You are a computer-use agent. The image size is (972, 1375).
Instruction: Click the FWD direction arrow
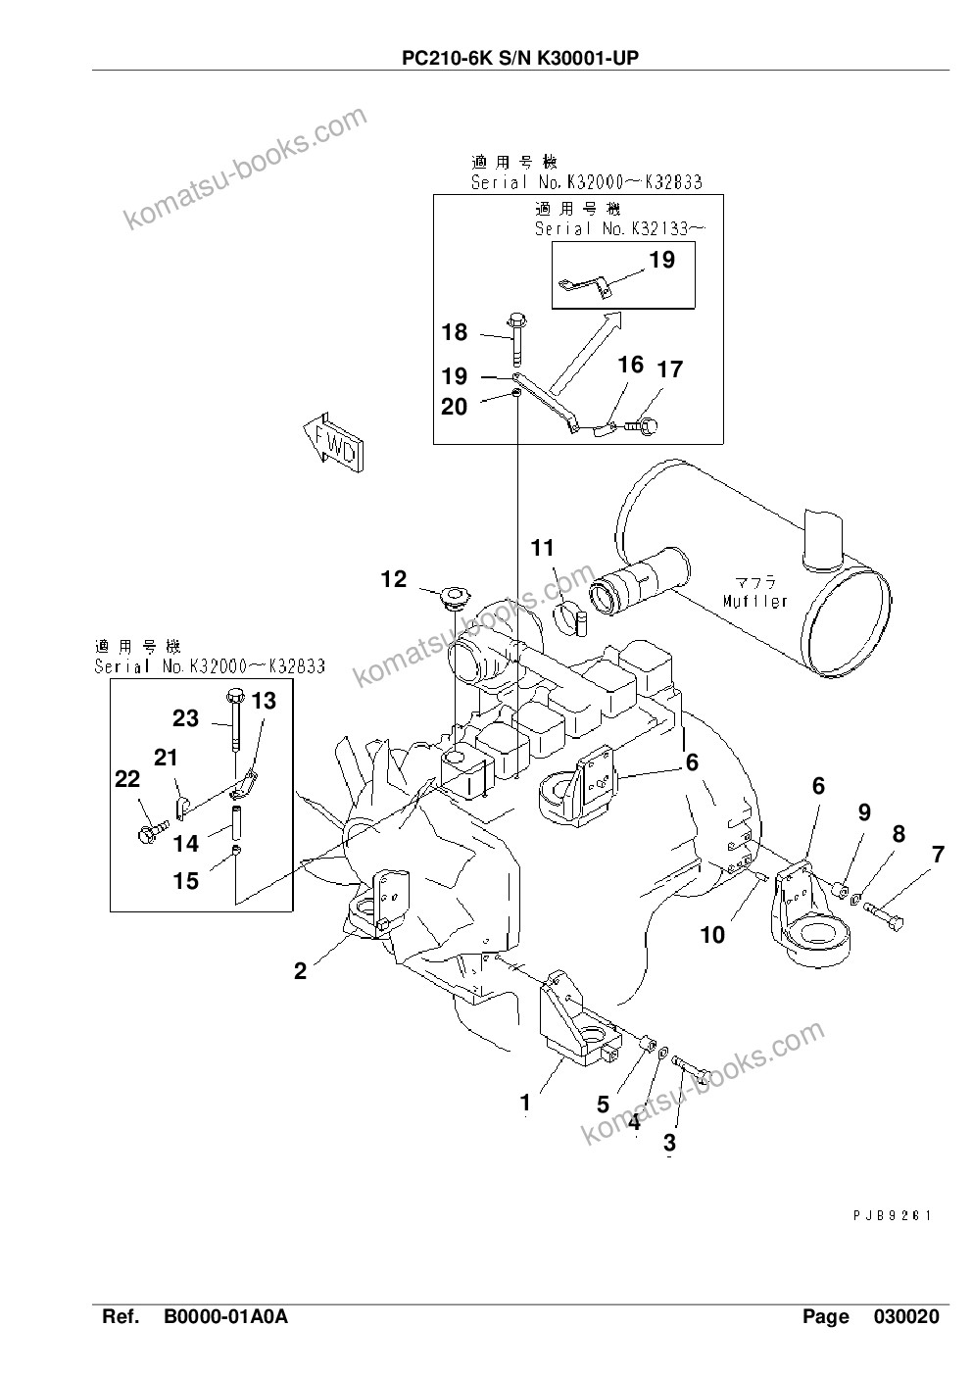(333, 443)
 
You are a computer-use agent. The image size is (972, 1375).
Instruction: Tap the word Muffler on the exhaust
(754, 601)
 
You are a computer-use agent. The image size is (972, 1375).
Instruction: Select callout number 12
(394, 579)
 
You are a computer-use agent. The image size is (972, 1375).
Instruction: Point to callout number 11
(543, 548)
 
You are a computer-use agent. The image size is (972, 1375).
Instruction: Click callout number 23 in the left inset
(185, 718)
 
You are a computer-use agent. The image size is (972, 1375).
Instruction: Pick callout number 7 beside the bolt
(939, 855)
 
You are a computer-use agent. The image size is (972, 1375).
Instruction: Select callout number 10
(712, 935)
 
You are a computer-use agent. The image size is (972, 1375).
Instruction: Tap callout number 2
(300, 971)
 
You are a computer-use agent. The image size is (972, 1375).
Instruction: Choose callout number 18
(455, 332)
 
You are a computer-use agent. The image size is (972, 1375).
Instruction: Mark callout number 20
(455, 407)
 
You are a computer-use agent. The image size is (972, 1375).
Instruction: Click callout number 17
(670, 368)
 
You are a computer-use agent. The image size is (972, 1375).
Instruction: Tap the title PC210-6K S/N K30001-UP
(520, 58)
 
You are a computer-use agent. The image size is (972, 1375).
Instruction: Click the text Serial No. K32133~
(620, 228)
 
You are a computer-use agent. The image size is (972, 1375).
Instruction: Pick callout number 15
(186, 881)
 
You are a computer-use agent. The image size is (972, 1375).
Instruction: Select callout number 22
(127, 779)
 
